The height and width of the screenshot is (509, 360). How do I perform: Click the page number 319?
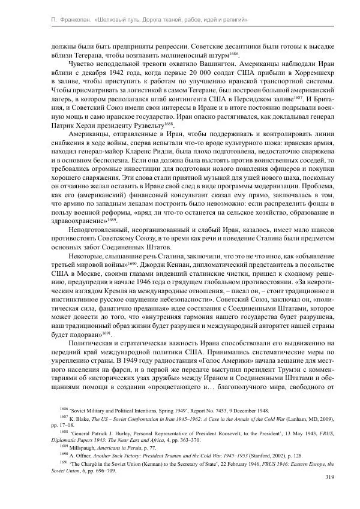pyautogui.click(x=329, y=477)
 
